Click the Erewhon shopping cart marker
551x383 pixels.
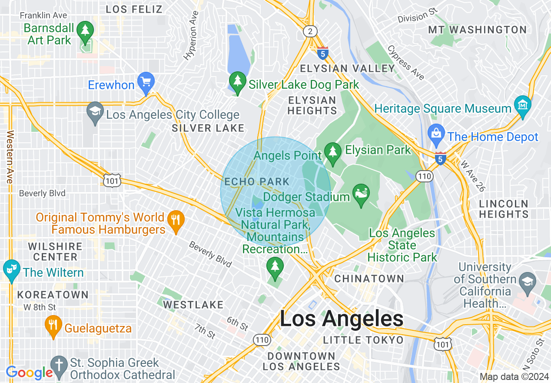click(146, 81)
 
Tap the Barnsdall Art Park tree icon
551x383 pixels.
click(85, 31)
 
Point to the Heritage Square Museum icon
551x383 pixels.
click(523, 105)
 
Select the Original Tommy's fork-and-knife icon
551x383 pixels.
click(176, 220)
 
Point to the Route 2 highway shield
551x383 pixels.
click(310, 31)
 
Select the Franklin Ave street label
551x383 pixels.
click(43, 16)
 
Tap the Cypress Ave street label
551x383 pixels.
click(405, 63)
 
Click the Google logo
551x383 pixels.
click(29, 373)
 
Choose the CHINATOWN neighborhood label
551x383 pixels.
click(369, 279)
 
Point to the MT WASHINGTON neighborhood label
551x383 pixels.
click(477, 30)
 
